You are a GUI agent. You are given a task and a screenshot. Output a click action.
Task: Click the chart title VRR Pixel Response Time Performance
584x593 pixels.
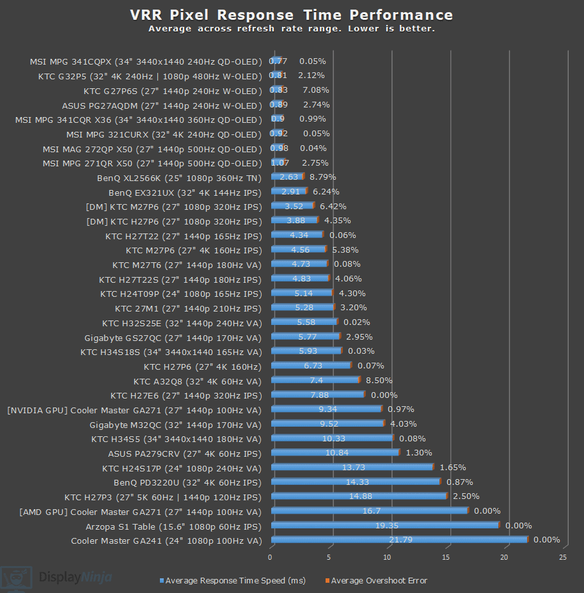pos(291,15)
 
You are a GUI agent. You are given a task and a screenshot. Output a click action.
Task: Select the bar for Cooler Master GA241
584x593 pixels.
pos(399,540)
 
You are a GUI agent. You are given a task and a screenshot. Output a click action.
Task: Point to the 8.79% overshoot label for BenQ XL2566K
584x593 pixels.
pos(323,177)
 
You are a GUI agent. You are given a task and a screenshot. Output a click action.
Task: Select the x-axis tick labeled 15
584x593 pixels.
pos(446,558)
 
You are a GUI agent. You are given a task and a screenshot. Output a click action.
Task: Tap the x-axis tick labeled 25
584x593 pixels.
pos(563,558)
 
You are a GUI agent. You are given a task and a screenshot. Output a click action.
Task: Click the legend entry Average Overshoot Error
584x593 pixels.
pos(379,580)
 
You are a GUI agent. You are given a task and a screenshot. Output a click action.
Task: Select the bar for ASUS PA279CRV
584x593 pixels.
pos(335,453)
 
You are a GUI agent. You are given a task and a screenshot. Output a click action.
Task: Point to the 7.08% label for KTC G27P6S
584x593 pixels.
pos(315,90)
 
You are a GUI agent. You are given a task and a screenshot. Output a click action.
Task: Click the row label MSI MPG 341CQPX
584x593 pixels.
pos(146,61)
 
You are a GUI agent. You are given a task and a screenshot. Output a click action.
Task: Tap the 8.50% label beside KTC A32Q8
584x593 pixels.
pos(379,380)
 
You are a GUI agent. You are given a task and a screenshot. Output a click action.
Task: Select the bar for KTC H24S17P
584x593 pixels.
pos(352,468)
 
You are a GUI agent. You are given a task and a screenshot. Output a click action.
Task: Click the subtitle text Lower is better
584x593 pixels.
pos(397,29)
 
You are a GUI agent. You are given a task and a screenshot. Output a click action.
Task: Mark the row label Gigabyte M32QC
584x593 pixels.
pos(175,423)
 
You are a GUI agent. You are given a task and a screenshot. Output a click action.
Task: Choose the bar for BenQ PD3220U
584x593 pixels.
pos(355,482)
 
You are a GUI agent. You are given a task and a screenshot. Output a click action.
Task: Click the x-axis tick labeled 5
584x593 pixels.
pos(329,558)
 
